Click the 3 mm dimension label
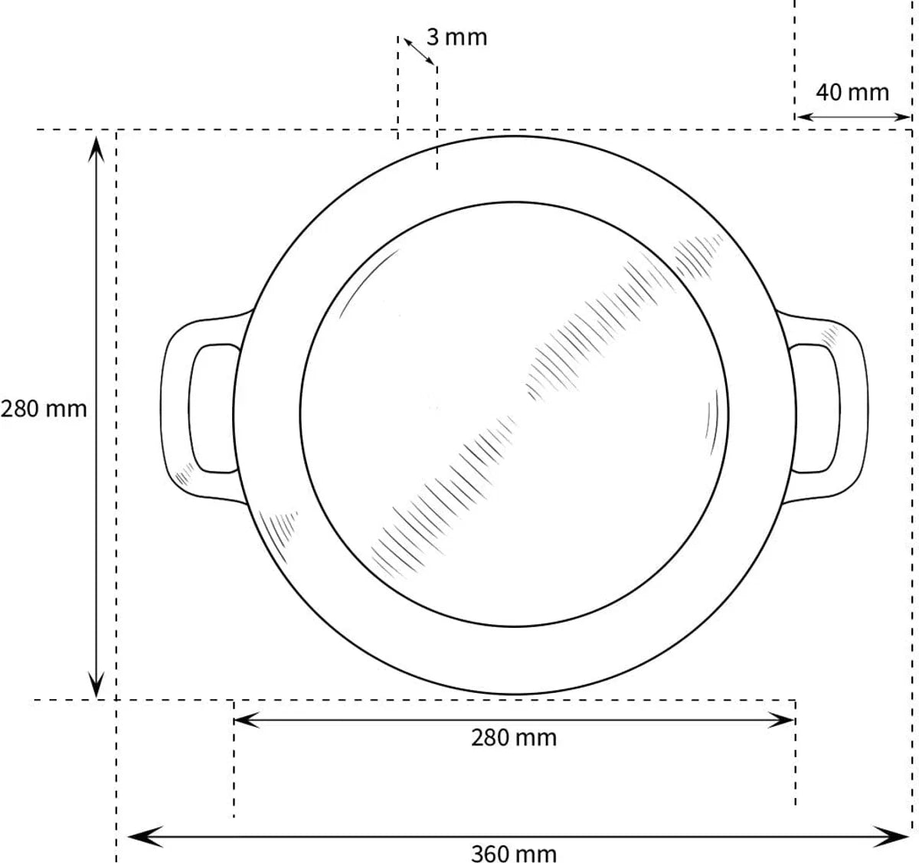(456, 37)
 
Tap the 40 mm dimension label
(852, 93)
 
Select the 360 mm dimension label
(514, 853)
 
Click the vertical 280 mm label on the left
(44, 409)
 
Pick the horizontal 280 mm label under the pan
(514, 737)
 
